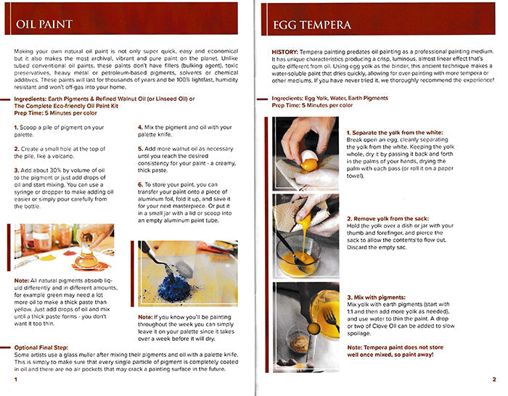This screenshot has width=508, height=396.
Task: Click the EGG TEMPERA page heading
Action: click(312, 25)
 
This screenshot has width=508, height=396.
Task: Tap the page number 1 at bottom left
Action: click(15, 379)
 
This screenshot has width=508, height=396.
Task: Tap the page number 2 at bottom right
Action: click(493, 379)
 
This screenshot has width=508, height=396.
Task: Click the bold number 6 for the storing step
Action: click(141, 185)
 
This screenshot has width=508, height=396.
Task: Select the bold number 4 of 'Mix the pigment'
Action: click(141, 127)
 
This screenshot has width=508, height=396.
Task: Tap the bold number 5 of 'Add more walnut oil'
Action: click(141, 148)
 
